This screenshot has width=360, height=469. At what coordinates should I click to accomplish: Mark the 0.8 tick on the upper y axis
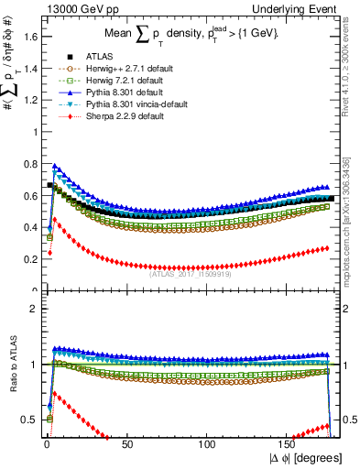(30, 164)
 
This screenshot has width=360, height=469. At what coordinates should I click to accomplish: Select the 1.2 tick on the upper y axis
(30, 100)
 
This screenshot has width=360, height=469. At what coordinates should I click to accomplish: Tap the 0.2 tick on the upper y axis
(30, 259)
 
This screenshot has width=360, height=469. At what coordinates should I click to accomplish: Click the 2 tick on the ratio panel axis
(35, 309)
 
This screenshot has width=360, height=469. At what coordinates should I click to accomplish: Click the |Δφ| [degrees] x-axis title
(306, 456)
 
